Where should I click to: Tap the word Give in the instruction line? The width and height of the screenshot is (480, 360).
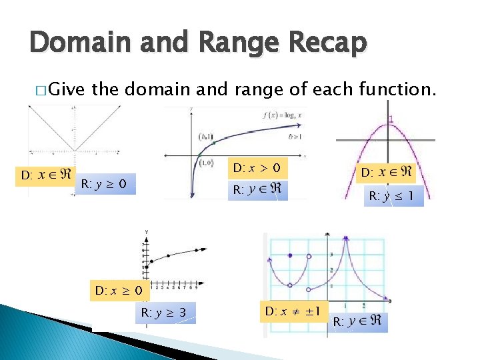(x=67, y=88)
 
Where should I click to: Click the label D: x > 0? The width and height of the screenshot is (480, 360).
(x=257, y=166)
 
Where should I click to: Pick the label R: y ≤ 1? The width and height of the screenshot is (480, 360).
(x=394, y=197)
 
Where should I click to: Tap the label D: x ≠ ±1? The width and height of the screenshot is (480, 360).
(x=293, y=311)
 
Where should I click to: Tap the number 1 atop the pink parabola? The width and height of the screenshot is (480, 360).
(x=391, y=120)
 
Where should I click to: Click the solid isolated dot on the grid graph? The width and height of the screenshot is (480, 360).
(x=291, y=255)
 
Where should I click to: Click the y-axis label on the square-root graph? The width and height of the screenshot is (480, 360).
(x=146, y=232)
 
